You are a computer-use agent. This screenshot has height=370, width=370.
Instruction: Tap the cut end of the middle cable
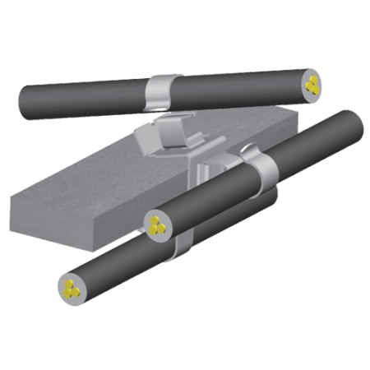pyautogui.click(x=156, y=223)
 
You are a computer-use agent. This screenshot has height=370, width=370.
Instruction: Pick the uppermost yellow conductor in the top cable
pyautogui.click(x=312, y=78)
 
